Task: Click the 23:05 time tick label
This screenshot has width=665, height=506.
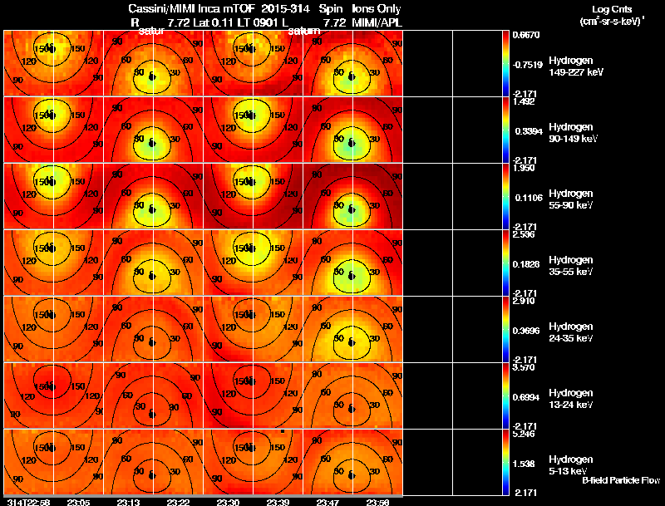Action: coord(78,502)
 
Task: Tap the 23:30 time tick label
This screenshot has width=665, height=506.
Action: coord(229,502)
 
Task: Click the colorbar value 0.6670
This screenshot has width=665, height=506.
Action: coord(526,36)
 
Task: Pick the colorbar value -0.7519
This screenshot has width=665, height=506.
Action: coord(528,65)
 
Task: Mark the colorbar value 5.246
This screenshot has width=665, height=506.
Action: coord(526,435)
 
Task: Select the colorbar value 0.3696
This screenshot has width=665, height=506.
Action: coord(526,331)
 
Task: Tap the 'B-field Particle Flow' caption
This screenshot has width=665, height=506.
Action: coord(620,480)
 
